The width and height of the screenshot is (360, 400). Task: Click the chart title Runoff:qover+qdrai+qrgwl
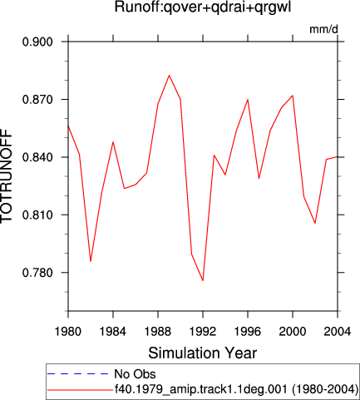[203, 7]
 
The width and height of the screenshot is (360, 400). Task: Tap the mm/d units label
[323, 29]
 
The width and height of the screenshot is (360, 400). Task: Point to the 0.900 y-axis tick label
[37, 42]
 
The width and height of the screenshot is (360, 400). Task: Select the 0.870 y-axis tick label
[37, 100]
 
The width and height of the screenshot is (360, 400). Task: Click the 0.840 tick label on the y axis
[37, 157]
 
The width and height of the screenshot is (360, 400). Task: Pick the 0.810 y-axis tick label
[37, 215]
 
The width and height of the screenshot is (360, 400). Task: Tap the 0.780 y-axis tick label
[37, 273]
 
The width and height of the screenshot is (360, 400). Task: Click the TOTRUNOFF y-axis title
[7, 176]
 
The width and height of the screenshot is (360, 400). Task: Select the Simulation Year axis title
[203, 353]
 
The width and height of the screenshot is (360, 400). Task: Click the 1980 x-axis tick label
[68, 331]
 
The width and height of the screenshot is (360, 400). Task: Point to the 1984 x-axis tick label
[113, 331]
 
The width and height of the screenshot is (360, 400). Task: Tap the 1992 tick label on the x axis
[203, 331]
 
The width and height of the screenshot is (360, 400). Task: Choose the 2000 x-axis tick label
[293, 331]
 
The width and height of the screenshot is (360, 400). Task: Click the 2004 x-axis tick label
[338, 331]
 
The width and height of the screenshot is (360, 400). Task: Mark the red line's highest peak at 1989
[169, 76]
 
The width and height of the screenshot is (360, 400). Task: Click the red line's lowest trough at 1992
[203, 280]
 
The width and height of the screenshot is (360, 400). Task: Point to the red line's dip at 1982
[91, 261]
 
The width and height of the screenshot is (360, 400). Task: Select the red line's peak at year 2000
[293, 96]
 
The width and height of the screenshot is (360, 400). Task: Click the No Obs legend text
[135, 374]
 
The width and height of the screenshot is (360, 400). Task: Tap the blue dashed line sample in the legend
[78, 374]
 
